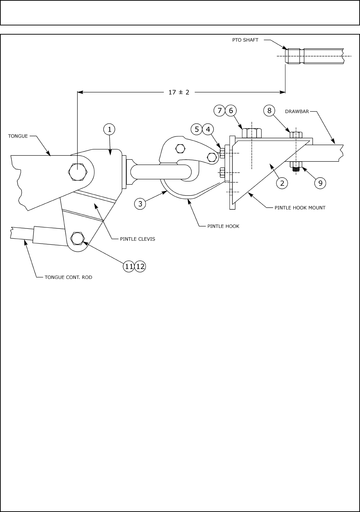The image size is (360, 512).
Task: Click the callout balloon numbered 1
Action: tap(109, 129)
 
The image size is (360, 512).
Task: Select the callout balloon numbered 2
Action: tap(282, 183)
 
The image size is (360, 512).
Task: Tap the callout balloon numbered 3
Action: tap(140, 204)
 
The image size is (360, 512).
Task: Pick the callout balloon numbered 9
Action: tap(320, 183)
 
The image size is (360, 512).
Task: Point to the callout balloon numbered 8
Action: tap(269, 111)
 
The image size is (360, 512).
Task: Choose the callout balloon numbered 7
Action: tap(220, 111)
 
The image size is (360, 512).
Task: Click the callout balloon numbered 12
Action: tap(140, 266)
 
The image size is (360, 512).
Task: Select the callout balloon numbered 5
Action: tap(197, 129)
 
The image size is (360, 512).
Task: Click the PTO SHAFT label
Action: tap(245, 40)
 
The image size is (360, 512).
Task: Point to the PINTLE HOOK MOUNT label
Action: tap(300, 208)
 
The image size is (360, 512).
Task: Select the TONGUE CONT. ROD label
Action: tap(68, 277)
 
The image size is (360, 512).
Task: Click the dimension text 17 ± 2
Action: tap(179, 92)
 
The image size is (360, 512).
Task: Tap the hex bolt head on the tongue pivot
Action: tap(77, 172)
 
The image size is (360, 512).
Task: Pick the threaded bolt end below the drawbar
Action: tap(296, 169)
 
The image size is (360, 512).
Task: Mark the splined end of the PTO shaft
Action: tap(294, 56)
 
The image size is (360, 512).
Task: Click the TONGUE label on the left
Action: tap(18, 136)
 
